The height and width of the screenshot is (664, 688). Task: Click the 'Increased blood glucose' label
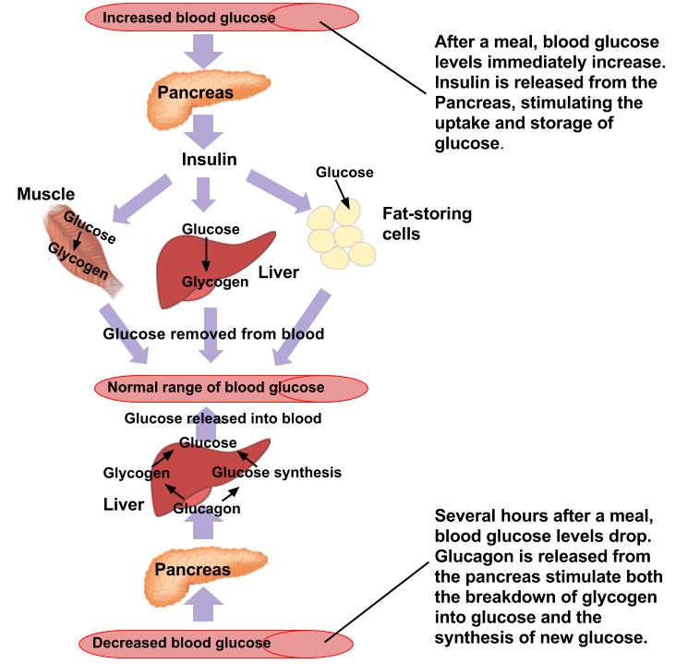188,18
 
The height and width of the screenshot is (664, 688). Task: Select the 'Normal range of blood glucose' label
215,386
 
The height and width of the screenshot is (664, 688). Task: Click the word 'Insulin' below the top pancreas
209,160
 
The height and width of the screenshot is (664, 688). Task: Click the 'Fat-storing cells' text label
427,223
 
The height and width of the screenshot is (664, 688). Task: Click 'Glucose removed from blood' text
213,334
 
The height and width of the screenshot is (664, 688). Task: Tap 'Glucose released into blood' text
223,418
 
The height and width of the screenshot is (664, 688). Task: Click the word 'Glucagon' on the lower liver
208,508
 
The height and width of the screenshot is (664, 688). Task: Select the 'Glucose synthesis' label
277,472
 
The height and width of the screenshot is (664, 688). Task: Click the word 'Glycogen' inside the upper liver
214,282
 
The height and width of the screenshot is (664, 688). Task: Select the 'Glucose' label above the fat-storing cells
344,172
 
